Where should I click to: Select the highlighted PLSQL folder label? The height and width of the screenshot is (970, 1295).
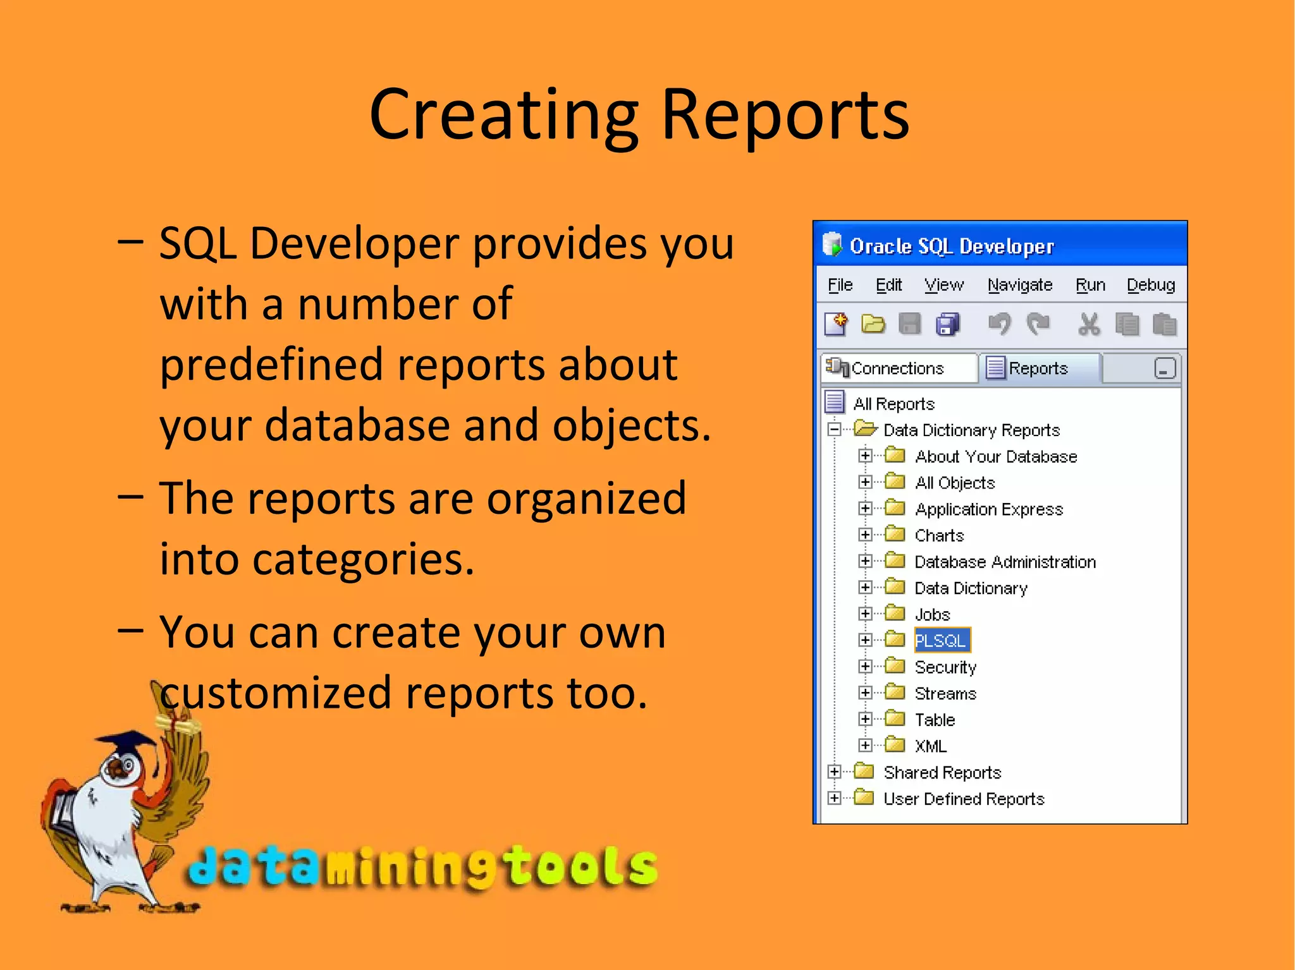click(x=941, y=640)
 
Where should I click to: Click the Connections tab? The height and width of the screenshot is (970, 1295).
click(x=897, y=368)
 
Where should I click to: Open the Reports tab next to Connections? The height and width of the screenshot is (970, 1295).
click(x=1037, y=368)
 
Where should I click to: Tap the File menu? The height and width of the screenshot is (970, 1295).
click(x=840, y=285)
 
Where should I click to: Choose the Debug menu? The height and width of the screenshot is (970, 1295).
click(x=1150, y=285)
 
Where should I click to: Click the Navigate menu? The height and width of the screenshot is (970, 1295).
click(x=1019, y=285)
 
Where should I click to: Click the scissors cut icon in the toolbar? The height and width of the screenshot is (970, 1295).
click(x=1088, y=325)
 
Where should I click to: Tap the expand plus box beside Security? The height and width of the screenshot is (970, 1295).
click(x=865, y=666)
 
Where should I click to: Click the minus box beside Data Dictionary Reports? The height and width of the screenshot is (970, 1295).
click(x=835, y=430)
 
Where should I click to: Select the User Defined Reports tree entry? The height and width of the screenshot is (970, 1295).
click(x=963, y=799)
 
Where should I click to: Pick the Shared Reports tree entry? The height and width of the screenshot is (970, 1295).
click(x=942, y=772)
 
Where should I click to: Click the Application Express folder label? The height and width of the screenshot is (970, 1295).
click(x=988, y=509)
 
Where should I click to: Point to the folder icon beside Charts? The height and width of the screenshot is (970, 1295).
click(x=895, y=535)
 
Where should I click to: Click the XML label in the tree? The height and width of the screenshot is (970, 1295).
click(x=930, y=746)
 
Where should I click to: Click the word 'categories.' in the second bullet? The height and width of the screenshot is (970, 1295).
click(x=316, y=559)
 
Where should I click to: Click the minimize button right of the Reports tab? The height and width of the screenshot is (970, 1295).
click(x=1164, y=368)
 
